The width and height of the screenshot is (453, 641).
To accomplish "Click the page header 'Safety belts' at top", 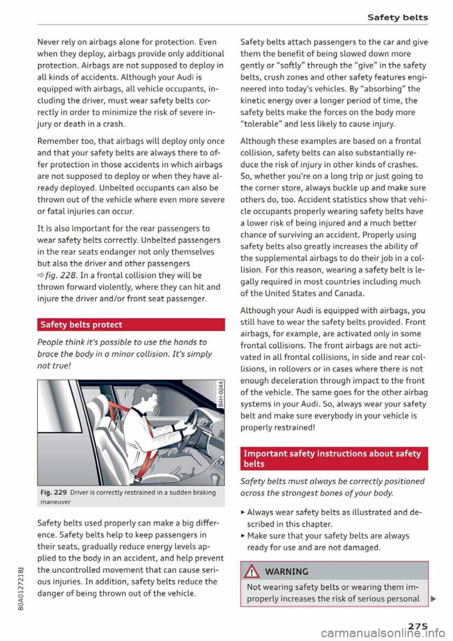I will click(397, 17).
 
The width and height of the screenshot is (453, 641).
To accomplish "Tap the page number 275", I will click(418, 626).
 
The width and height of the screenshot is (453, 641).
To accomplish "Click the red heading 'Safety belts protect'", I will click(81, 325).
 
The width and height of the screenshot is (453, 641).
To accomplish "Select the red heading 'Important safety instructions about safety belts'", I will click(334, 458).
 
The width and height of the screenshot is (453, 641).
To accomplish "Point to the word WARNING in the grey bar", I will click(286, 572).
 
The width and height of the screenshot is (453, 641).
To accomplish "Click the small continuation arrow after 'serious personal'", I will click(433, 599).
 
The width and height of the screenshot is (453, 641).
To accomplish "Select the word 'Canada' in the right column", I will click(349, 293).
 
